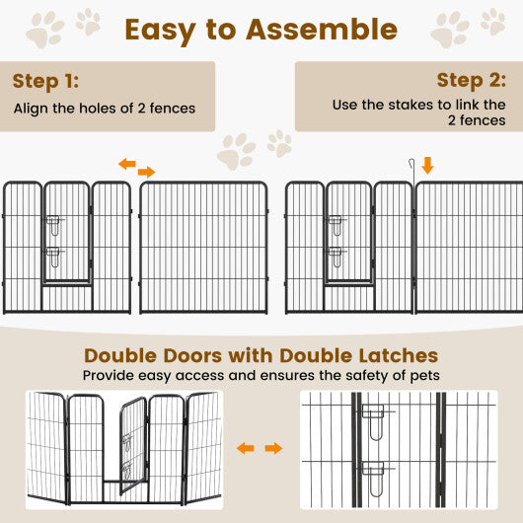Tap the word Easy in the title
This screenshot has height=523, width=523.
[163, 30]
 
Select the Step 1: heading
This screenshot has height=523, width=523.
[45, 80]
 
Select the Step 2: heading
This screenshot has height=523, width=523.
[472, 80]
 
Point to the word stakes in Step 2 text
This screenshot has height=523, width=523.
[409, 105]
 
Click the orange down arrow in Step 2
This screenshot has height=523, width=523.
[427, 165]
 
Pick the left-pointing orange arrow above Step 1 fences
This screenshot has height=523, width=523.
[127, 164]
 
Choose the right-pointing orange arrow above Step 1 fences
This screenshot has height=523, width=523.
[146, 172]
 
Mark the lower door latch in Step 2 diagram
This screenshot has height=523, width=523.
[336, 258]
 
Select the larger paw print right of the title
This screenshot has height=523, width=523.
[450, 29]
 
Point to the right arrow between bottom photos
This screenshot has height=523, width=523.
[273, 449]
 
